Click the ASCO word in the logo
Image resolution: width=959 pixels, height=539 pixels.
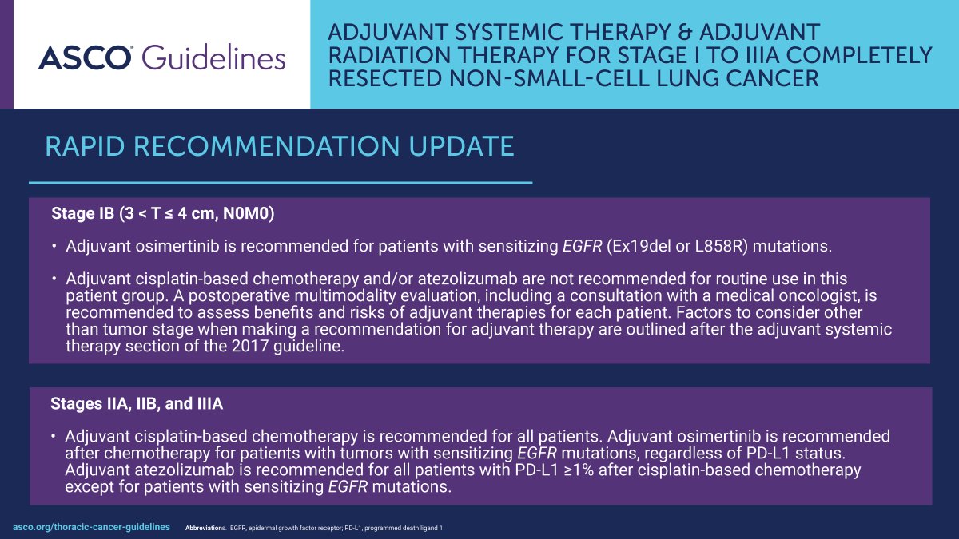point(85,57)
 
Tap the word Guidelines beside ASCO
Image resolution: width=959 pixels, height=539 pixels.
point(213,58)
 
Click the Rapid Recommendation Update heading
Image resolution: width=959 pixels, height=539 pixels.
point(279,147)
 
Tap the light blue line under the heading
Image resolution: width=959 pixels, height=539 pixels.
point(280,183)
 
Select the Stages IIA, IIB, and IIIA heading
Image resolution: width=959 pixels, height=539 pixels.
point(137,404)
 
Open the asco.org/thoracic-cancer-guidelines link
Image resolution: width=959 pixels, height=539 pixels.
point(92,527)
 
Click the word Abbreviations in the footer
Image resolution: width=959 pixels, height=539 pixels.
point(205,529)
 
